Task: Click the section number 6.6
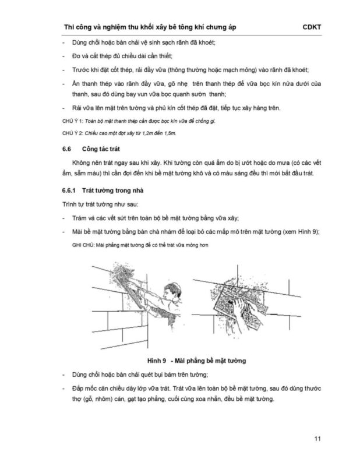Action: pos(66,149)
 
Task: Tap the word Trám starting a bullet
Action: pos(79,218)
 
